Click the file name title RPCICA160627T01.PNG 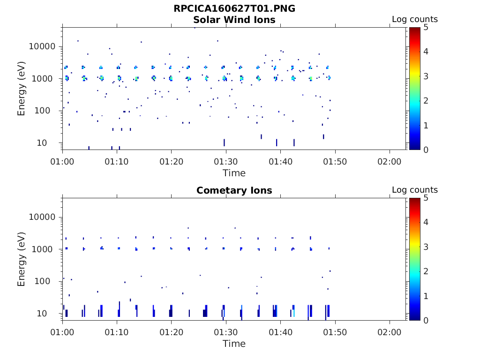(x=234, y=9)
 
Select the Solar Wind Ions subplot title (x=234, y=20)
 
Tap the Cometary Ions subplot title (x=234, y=190)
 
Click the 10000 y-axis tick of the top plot (x=43, y=47)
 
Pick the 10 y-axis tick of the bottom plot (x=49, y=313)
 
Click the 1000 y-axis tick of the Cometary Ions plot (x=45, y=249)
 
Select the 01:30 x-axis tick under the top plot (x=226, y=162)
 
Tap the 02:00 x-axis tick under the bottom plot (x=390, y=332)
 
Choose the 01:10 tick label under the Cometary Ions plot (x=117, y=332)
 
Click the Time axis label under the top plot (x=234, y=173)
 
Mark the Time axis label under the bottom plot (x=234, y=344)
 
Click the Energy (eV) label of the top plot (x=22, y=88)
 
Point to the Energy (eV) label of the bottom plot (x=22, y=259)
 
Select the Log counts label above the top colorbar (x=414, y=19)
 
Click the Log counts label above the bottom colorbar (x=414, y=190)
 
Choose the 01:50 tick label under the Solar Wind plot (x=335, y=162)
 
